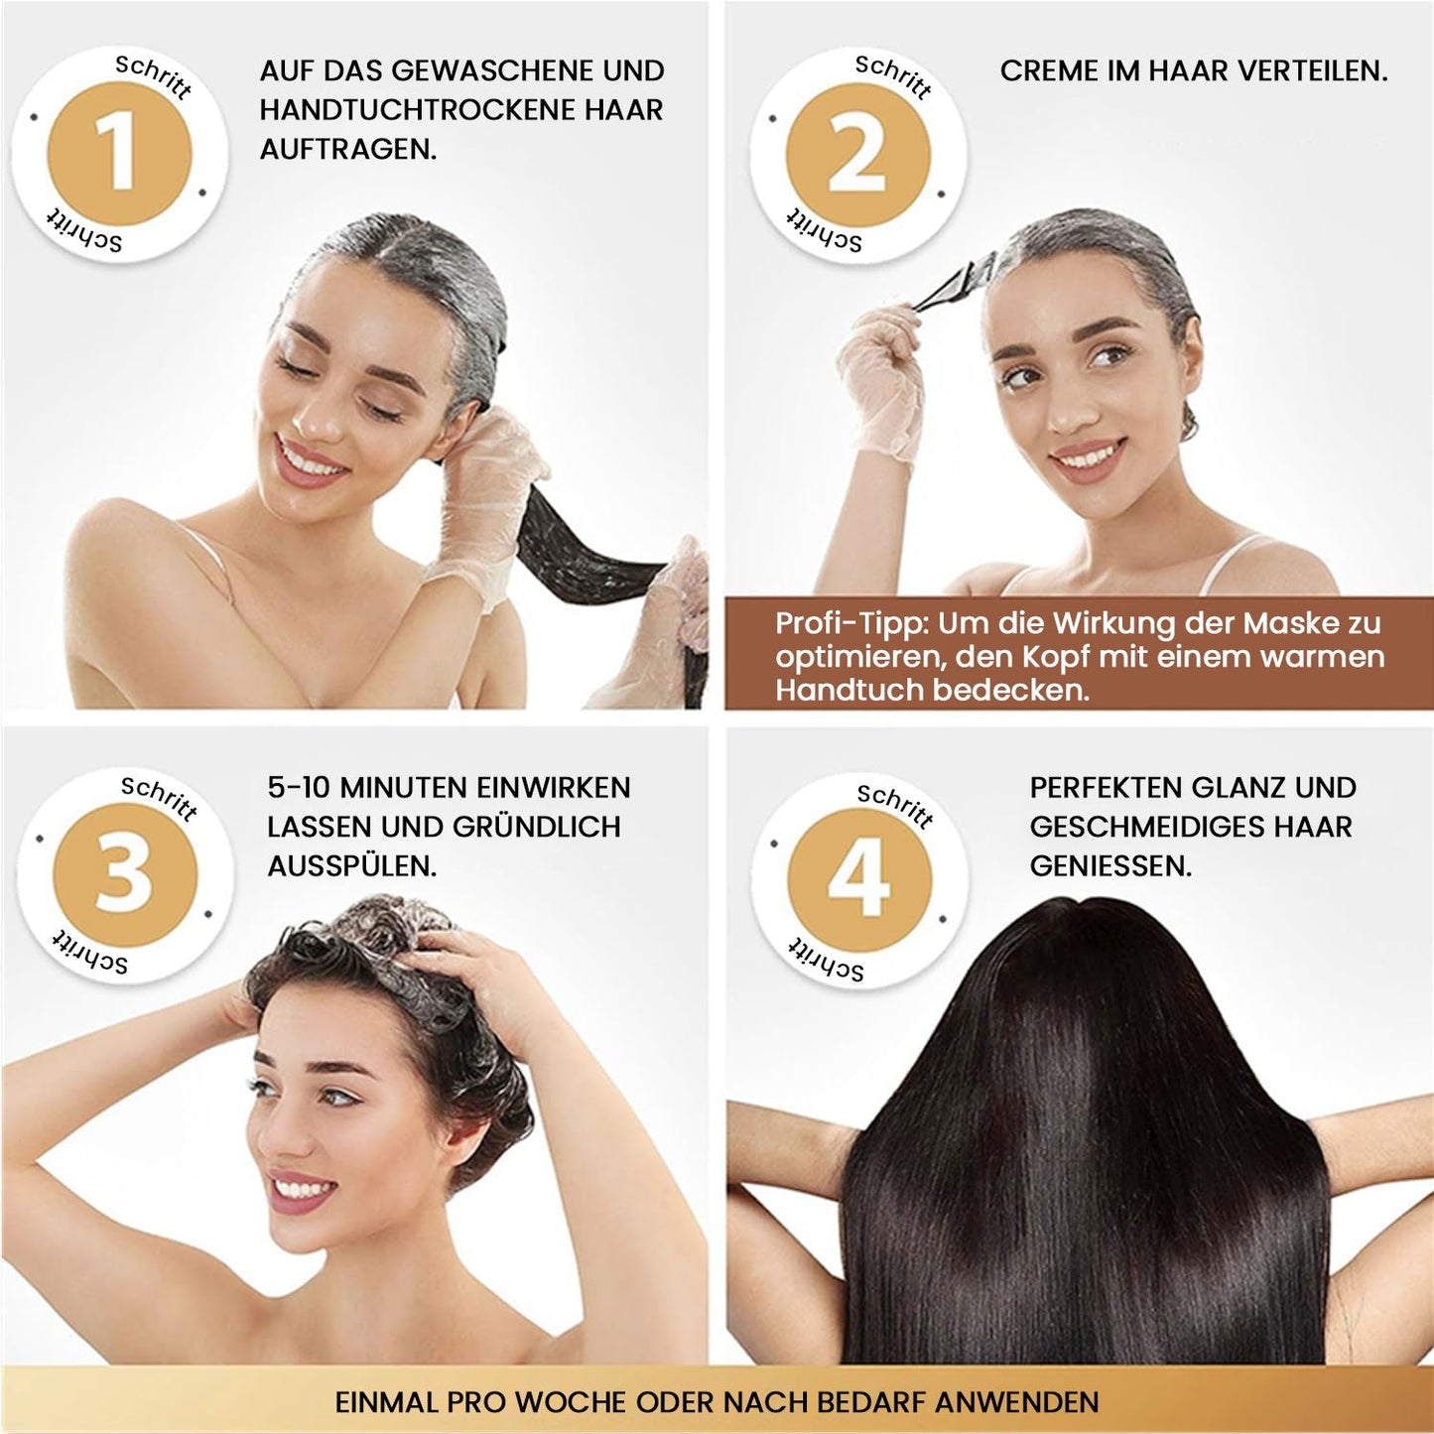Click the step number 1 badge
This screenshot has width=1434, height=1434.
click(x=119, y=154)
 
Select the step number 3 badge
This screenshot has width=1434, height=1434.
click(x=124, y=874)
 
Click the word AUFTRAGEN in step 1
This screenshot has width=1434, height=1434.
click(x=347, y=150)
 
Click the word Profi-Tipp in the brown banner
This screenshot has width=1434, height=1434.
click(x=850, y=623)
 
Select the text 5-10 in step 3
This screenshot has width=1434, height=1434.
click(x=298, y=788)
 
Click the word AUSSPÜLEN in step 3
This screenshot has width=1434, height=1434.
click(x=351, y=866)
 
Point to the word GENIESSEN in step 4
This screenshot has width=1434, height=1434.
click(x=1110, y=866)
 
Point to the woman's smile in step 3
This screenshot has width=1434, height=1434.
click(x=302, y=1189)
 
